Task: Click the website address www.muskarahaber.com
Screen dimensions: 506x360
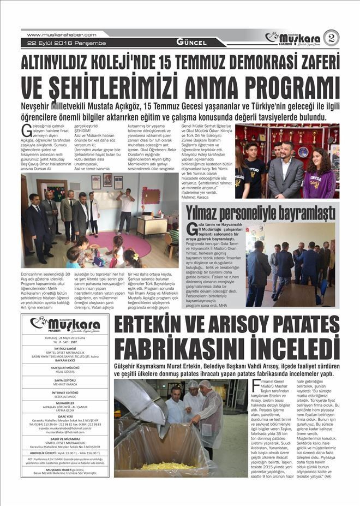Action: coord(62,34)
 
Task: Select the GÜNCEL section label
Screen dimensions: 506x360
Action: coord(191,42)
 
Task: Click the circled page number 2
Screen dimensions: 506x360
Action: coord(331,38)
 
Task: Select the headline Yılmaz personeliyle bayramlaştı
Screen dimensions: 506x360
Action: coord(260,211)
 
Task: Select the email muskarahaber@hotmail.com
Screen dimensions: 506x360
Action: coord(64,428)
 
